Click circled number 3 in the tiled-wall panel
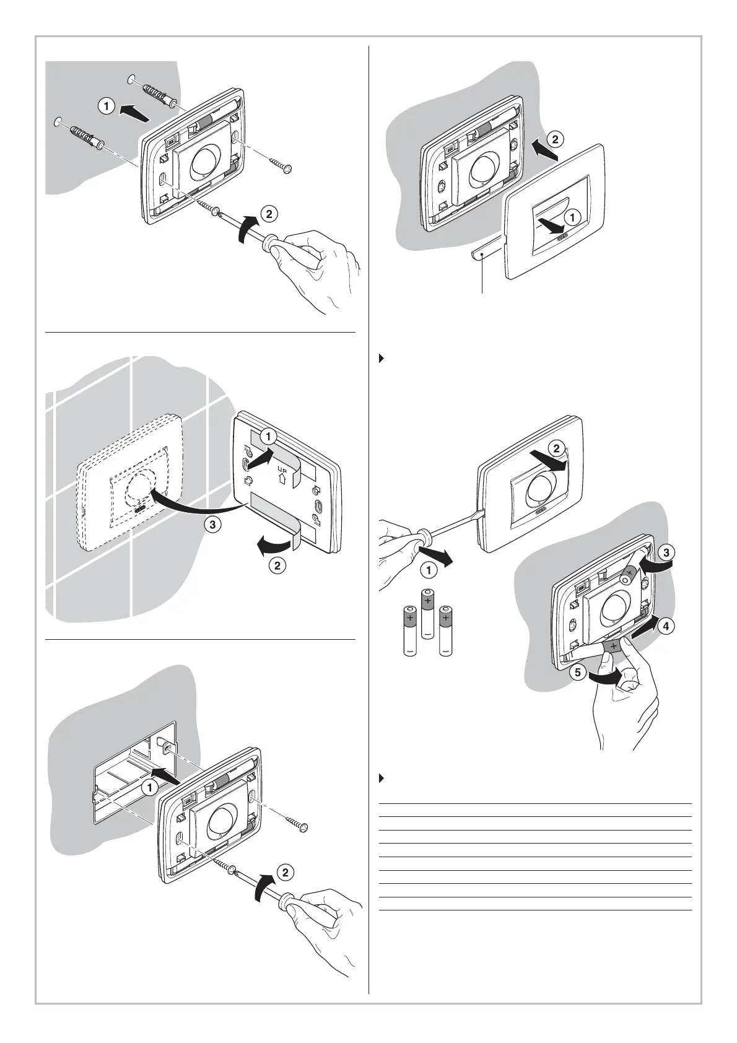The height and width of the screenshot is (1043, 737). coord(212,525)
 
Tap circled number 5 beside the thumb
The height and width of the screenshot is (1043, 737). coord(578,673)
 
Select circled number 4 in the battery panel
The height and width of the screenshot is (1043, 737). coord(666,626)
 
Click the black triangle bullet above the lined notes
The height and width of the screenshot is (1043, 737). coord(382,778)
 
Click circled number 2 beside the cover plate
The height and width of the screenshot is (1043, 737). coord(555,139)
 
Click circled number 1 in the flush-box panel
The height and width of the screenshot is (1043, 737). coord(150,788)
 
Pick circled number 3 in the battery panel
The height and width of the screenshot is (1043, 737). coord(666,552)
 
